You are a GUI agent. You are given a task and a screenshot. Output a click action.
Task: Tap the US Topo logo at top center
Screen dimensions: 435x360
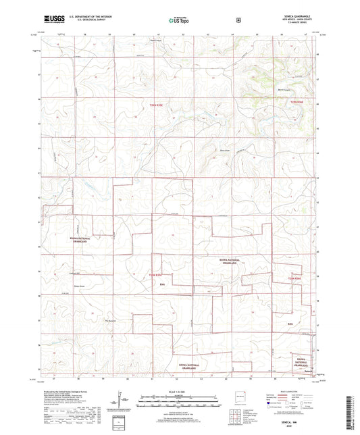[x=179, y=20]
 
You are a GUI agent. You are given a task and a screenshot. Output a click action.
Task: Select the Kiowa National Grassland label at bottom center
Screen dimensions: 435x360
[x=187, y=366]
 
